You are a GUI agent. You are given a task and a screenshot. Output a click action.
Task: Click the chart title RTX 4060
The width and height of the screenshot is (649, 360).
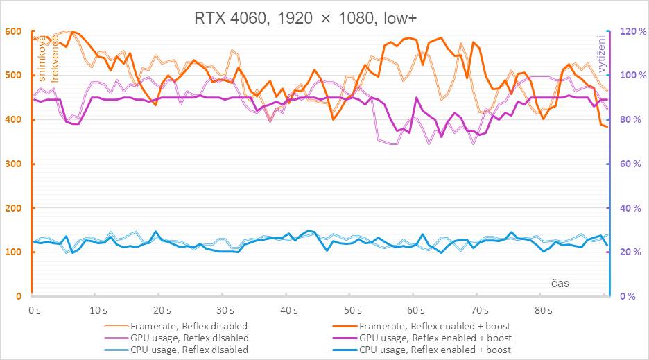coord(324,16)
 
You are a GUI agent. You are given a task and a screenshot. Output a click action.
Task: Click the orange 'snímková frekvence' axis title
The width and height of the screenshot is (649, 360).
coord(49,59)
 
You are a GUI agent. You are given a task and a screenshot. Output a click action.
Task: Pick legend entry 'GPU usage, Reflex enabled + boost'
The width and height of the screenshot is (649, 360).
coord(435,338)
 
